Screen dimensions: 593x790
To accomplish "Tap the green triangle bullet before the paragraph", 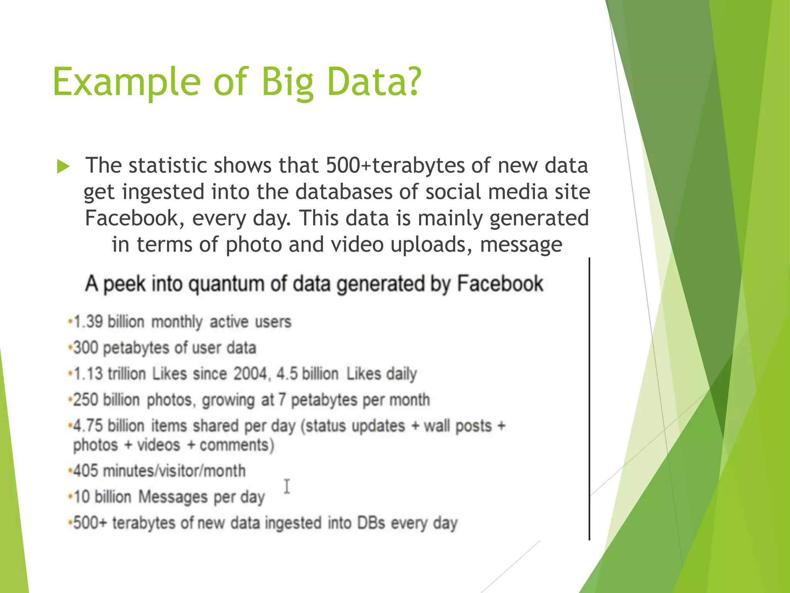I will coord(63,166).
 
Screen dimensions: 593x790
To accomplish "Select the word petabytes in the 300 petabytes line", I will coord(136,348).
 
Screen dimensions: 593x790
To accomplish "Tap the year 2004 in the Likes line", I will coord(250,374).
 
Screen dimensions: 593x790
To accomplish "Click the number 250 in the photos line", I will coord(86,400).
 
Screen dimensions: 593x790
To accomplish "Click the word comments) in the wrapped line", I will coord(236,445).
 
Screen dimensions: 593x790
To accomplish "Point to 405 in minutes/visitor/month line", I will coord(86,471).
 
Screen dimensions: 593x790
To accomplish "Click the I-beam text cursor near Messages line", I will coord(287,486).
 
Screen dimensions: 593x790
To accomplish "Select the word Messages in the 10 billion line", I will coord(173,497).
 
